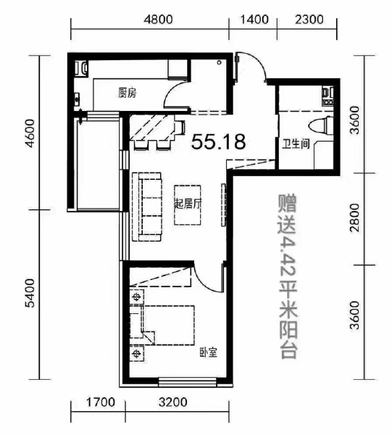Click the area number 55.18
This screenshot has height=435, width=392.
coord(219,142)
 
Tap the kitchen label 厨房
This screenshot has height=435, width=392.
coord(128,93)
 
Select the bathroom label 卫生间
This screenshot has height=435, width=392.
coord(296,144)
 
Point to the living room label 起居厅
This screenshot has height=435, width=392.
coord(188,204)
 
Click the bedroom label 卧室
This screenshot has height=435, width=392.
coord(209,353)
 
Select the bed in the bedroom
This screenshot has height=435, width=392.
coord(167,325)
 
